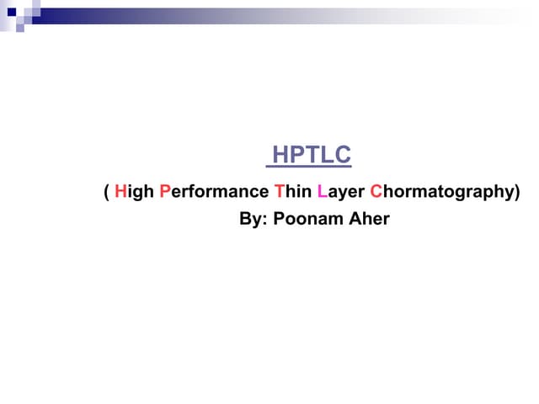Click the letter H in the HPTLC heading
pos(280,156)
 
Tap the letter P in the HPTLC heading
pos(296,156)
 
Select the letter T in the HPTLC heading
pos(310,156)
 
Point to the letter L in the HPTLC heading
pos(323,156)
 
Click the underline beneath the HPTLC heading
pos(308,167)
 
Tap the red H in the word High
pos(120,192)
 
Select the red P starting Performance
pos(165,192)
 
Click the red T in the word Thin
pos(280,192)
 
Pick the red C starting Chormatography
pos(376,192)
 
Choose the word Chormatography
pos(442,193)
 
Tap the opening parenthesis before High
pos(106,193)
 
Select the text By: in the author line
pos(252,220)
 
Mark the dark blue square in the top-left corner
pos(12,11)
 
